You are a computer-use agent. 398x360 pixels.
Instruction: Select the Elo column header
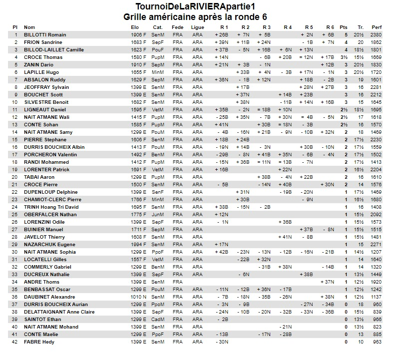(135, 27)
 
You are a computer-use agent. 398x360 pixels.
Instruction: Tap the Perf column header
(377, 27)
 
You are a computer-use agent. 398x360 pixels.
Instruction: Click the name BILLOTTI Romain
(45, 35)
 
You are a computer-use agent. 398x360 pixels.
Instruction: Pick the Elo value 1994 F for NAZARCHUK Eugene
(139, 245)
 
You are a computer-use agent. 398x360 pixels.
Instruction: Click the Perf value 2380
(377, 35)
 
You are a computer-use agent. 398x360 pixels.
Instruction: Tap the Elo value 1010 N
(139, 297)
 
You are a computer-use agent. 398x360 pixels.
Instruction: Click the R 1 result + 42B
(221, 252)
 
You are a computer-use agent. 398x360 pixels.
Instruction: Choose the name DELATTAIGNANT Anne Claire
(59, 312)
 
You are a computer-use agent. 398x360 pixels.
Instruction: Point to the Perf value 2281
(377, 87)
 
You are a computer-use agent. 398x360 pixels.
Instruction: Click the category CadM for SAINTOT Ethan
(158, 320)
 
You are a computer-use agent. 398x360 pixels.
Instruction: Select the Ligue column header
(198, 27)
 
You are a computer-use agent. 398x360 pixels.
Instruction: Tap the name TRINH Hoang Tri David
(51, 207)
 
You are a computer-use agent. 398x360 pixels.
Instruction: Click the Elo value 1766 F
(139, 200)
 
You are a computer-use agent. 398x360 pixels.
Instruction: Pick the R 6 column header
(330, 27)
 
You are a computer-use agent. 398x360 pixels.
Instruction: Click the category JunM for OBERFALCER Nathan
(158, 215)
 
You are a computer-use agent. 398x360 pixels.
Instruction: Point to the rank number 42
(15, 342)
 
